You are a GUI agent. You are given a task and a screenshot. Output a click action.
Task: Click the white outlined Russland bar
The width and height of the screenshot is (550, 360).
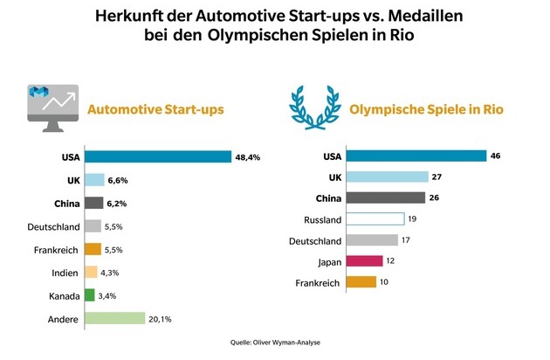375,218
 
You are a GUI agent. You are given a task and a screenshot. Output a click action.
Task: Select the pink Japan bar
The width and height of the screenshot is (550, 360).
364,260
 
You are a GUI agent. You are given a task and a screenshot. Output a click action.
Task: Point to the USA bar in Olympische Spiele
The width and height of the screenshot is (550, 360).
416,156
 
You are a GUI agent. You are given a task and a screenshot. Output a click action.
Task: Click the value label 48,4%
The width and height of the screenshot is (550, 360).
248,156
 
